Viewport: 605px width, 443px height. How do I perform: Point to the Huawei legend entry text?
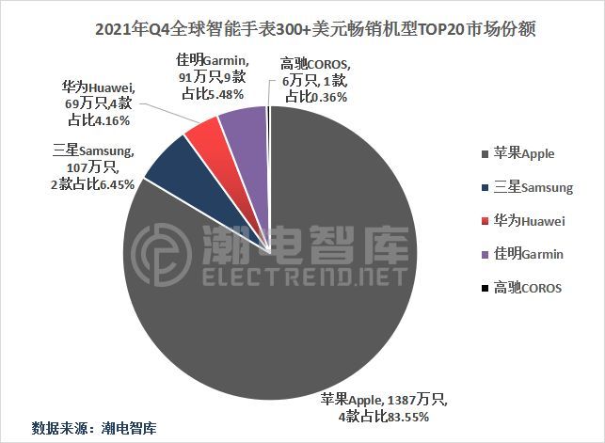521,220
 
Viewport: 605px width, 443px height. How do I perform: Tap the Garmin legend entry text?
520,254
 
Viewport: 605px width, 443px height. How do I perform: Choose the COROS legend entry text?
520,288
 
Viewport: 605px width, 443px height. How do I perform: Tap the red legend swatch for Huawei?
484,220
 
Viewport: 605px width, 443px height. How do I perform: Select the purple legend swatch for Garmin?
484,254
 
